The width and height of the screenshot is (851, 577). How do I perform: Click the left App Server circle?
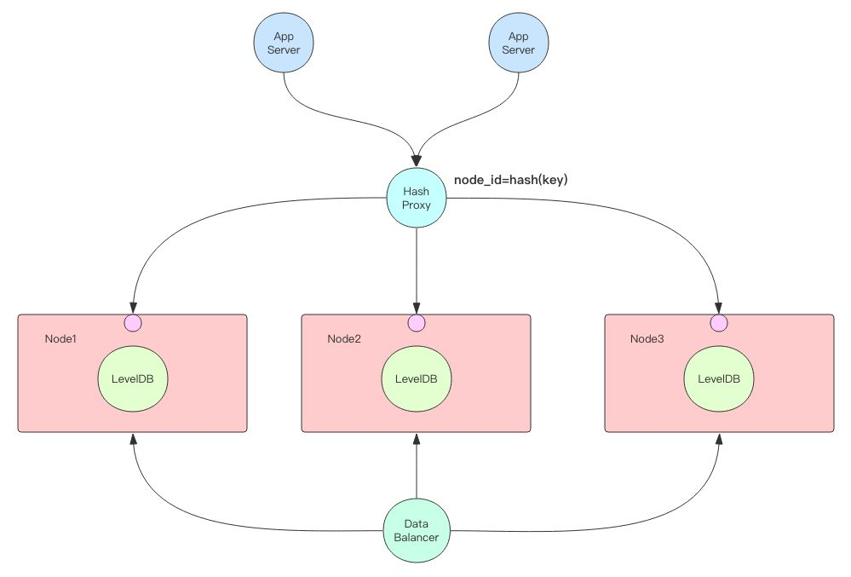(284, 43)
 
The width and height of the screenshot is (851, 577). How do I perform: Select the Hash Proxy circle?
(416, 198)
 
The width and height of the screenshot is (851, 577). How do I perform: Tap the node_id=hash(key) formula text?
(510, 180)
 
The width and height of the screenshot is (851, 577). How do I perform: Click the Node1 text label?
(60, 339)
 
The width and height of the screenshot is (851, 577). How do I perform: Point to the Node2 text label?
(344, 339)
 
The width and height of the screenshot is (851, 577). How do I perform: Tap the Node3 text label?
(647, 339)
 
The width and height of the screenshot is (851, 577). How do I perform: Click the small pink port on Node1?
(133, 322)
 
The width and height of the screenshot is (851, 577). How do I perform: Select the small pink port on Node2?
(417, 322)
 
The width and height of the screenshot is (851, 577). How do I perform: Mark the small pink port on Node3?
(719, 322)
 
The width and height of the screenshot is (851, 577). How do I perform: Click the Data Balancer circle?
(417, 531)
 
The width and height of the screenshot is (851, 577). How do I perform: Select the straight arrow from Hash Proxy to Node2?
(417, 264)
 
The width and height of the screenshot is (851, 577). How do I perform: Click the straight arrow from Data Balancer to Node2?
(417, 469)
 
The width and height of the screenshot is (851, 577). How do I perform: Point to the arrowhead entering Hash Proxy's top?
(417, 159)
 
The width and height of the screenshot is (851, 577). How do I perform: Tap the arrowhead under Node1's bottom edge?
(133, 438)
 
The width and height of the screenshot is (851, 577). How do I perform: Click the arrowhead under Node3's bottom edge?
(719, 438)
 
